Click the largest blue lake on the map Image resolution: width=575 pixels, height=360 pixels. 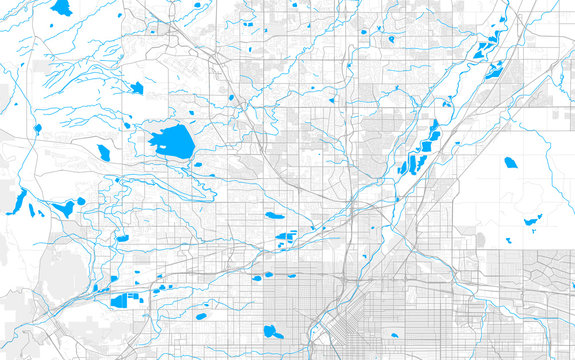173,143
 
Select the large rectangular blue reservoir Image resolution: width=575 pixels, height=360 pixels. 124,300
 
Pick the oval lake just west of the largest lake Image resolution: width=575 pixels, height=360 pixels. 103,153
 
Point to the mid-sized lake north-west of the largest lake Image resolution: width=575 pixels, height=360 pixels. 136,88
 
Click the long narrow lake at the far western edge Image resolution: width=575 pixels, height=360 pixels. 18,202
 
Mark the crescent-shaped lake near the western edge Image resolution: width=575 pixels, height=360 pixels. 65,208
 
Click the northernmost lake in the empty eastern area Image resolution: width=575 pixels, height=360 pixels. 511,162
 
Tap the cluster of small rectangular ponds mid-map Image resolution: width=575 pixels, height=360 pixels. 285,239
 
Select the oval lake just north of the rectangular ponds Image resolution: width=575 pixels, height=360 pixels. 272,214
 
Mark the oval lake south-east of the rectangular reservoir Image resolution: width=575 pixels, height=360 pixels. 201,317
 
